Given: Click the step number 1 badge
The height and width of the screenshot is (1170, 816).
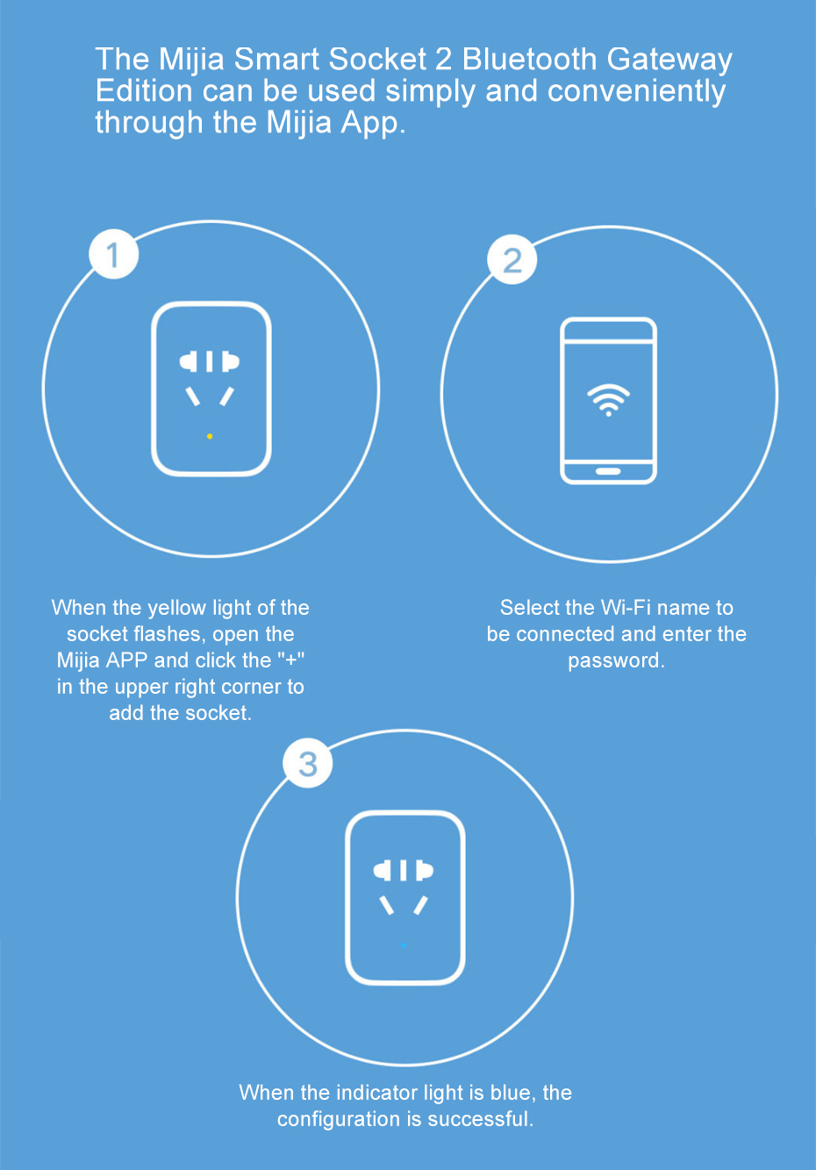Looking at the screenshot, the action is tap(113, 253).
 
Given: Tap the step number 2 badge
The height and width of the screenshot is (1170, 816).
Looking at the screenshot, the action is tap(512, 260).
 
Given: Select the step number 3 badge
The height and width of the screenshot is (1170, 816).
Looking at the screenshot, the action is tap(308, 763).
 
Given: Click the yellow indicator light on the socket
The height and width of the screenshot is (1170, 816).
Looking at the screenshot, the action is tap(210, 436).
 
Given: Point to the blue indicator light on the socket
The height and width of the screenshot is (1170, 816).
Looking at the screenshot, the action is tap(404, 945).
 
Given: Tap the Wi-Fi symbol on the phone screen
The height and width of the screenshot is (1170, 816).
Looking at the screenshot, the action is tap(609, 400).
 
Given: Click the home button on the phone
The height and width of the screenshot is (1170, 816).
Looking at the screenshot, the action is tap(608, 471).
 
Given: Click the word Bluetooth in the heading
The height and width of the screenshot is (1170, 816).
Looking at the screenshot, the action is tap(529, 59).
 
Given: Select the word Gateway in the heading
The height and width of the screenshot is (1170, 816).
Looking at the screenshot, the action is tap(669, 60).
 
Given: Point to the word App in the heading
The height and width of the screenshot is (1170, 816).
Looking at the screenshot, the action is tap(373, 125).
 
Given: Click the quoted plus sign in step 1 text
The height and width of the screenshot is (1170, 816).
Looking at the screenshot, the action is tap(291, 660).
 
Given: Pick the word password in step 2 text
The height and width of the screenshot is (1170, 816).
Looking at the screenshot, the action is tap(617, 660).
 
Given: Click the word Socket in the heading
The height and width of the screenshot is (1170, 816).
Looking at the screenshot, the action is tap(377, 59).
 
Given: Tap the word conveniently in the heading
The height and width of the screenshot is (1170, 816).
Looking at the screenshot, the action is tap(636, 92).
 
